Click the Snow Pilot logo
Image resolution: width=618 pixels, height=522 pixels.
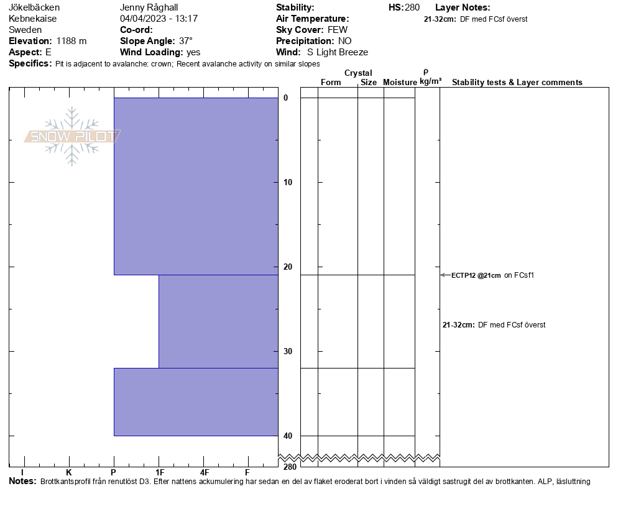tap(72, 137)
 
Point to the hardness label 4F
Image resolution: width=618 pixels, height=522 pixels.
tap(204, 473)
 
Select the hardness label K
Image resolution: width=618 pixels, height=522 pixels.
tap(68, 473)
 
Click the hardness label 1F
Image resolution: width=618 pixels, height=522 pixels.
tap(159, 473)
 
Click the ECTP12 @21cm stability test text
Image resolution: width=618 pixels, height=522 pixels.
tap(476, 275)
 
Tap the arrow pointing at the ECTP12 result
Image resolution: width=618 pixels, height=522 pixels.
tap(445, 275)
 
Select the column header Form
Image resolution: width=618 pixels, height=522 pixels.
tap(331, 83)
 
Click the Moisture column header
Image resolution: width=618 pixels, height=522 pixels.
tap(400, 83)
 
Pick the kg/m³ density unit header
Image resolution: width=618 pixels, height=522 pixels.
tap(430, 81)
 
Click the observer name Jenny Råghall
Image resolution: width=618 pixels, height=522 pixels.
tap(149, 7)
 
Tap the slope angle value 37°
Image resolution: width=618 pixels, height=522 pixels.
tap(186, 41)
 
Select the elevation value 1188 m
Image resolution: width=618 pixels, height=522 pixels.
tap(71, 41)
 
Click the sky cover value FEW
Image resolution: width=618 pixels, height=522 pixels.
tap(338, 30)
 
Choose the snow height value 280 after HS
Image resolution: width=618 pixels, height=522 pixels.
tap(412, 7)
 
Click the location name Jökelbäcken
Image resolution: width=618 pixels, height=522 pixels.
tap(34, 7)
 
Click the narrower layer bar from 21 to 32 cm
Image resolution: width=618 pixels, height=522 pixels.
tap(218, 321)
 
